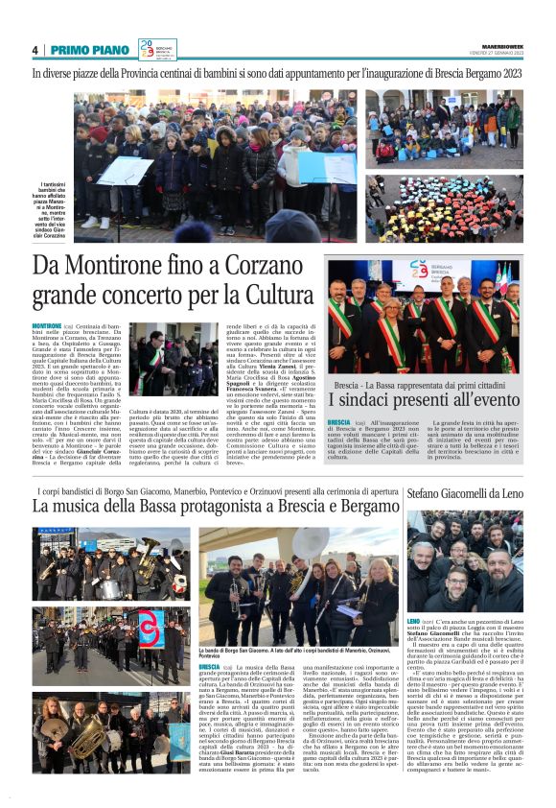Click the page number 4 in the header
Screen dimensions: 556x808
click(x=35, y=50)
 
